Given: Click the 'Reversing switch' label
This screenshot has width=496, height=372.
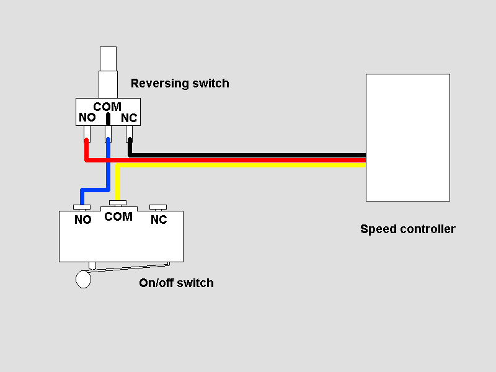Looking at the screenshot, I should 180,83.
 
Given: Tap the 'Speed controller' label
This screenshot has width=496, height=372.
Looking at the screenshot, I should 407,229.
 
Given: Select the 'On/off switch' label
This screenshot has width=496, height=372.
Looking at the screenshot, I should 177,283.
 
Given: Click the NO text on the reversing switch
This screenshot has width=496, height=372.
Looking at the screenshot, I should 86,118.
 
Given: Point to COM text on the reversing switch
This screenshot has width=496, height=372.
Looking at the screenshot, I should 107,107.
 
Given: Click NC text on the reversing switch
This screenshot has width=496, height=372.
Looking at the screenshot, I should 129,118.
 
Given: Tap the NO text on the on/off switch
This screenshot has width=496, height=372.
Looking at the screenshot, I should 82,219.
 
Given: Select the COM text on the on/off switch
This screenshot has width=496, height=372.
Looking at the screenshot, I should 118,216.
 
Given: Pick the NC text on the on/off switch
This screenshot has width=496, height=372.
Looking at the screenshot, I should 159,219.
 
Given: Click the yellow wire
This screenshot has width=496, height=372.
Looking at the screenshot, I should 248,165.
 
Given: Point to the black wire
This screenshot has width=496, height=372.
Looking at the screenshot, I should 248,154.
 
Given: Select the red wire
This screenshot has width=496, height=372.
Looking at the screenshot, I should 248,160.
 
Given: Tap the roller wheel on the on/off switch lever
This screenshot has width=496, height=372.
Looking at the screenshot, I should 83,280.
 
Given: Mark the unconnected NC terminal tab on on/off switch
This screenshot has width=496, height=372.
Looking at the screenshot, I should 159,206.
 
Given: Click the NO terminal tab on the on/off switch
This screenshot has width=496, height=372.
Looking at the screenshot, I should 82,207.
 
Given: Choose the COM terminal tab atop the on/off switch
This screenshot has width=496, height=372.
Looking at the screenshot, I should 117,202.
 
